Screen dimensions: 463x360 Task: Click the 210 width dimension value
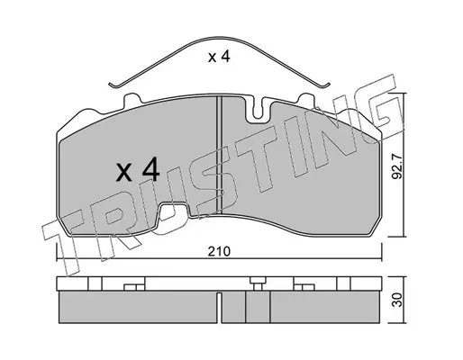click(x=219, y=251)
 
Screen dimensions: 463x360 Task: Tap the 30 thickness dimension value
click(x=397, y=300)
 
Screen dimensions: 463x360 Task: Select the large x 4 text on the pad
click(x=138, y=171)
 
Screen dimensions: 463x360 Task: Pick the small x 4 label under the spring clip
click(x=219, y=57)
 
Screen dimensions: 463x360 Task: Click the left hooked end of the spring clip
click(x=114, y=85)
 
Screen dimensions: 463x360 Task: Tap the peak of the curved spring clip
click(x=220, y=38)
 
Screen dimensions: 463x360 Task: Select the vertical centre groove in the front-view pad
click(x=219, y=155)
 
